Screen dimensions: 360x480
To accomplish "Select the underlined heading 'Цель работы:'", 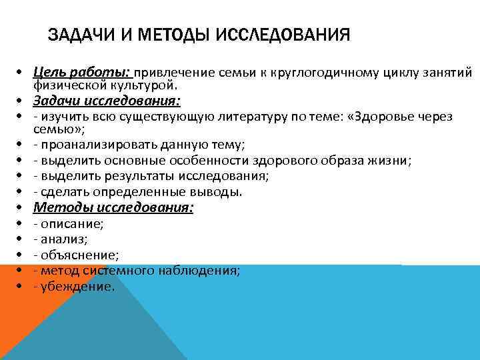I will [x=83, y=72].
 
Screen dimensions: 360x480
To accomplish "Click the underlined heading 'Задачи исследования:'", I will [x=108, y=101].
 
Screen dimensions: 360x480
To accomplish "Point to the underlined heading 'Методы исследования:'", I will [x=113, y=208].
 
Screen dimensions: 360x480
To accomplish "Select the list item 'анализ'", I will [x=64, y=239].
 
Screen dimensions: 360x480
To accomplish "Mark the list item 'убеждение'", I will [x=77, y=286].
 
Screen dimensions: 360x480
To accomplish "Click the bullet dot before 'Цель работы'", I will [x=22, y=72].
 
